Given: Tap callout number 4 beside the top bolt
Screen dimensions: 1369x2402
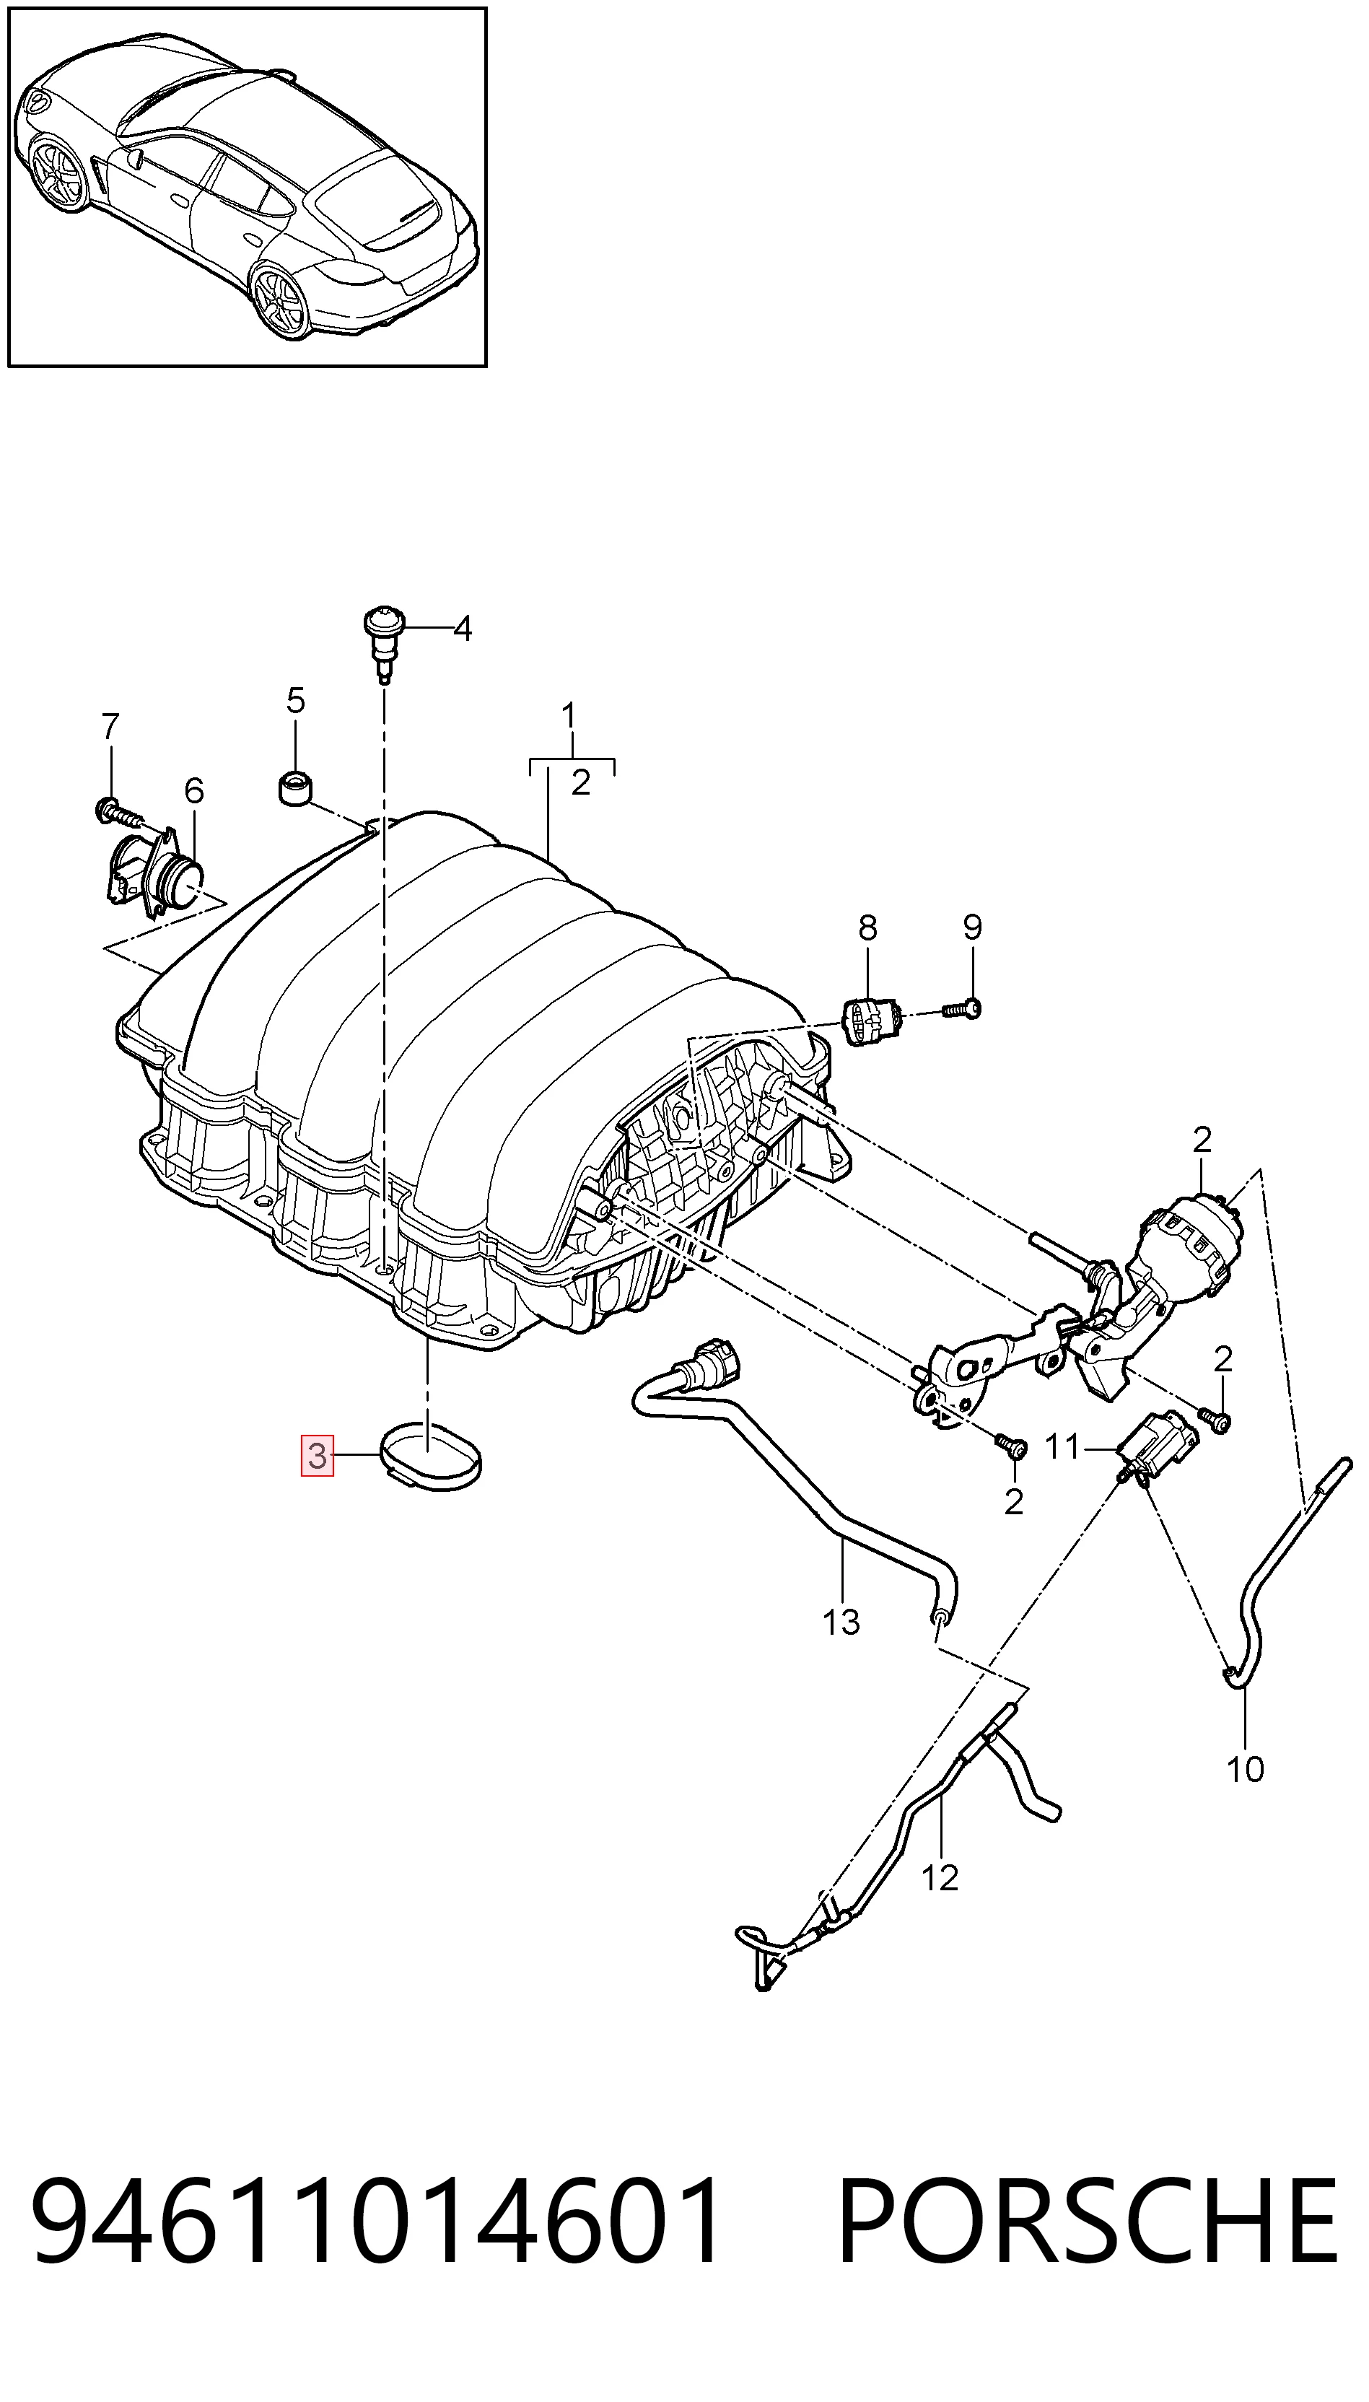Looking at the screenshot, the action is (462, 628).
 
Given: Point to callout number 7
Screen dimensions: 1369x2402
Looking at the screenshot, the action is (110, 727).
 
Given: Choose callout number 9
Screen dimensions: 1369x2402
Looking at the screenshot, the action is (972, 928).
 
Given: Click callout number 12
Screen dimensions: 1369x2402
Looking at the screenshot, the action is (940, 1877).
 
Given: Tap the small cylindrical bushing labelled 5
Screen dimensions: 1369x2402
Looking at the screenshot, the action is (295, 788).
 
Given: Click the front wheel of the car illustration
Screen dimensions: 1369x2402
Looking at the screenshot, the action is (57, 174).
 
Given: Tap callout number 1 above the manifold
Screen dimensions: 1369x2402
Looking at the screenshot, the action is (569, 717).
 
